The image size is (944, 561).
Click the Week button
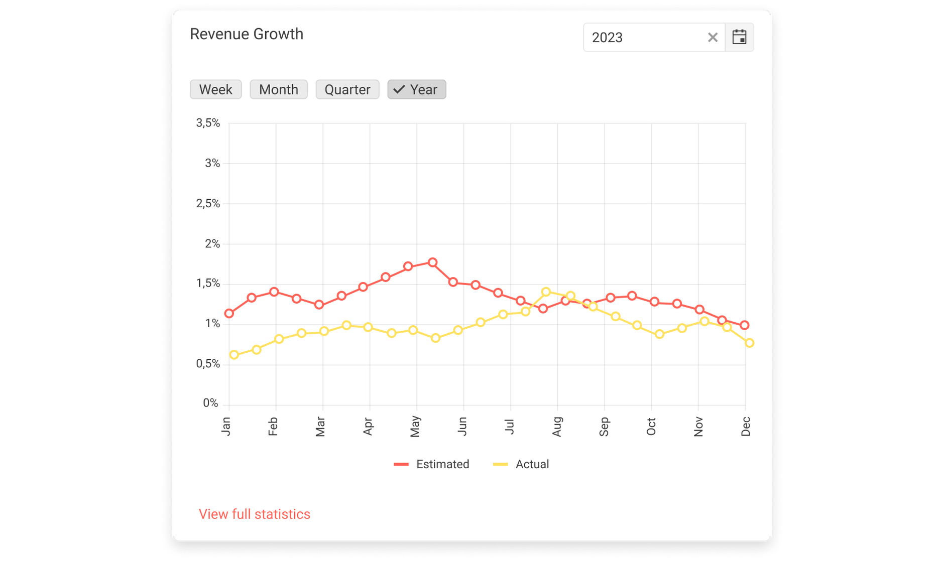coord(215,89)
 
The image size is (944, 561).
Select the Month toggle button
coord(278,89)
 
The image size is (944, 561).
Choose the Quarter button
coord(347,89)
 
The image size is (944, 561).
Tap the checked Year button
coord(416,89)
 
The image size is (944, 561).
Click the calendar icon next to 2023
coord(739,37)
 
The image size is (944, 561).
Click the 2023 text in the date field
coord(607,38)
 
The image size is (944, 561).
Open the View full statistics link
coord(254,514)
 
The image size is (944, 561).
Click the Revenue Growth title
coord(247,34)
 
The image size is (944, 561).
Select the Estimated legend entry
coord(432,464)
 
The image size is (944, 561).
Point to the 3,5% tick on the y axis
coord(208,123)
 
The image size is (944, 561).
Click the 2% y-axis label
coord(212,244)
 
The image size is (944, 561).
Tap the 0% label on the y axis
coord(210,403)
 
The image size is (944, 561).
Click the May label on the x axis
coord(415,426)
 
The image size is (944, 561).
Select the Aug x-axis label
coord(557,426)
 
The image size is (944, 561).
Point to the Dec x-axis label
coord(746,426)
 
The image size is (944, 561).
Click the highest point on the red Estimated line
coord(432,262)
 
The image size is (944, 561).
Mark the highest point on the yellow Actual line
coord(546,292)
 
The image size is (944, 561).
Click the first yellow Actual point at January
coord(234,355)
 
